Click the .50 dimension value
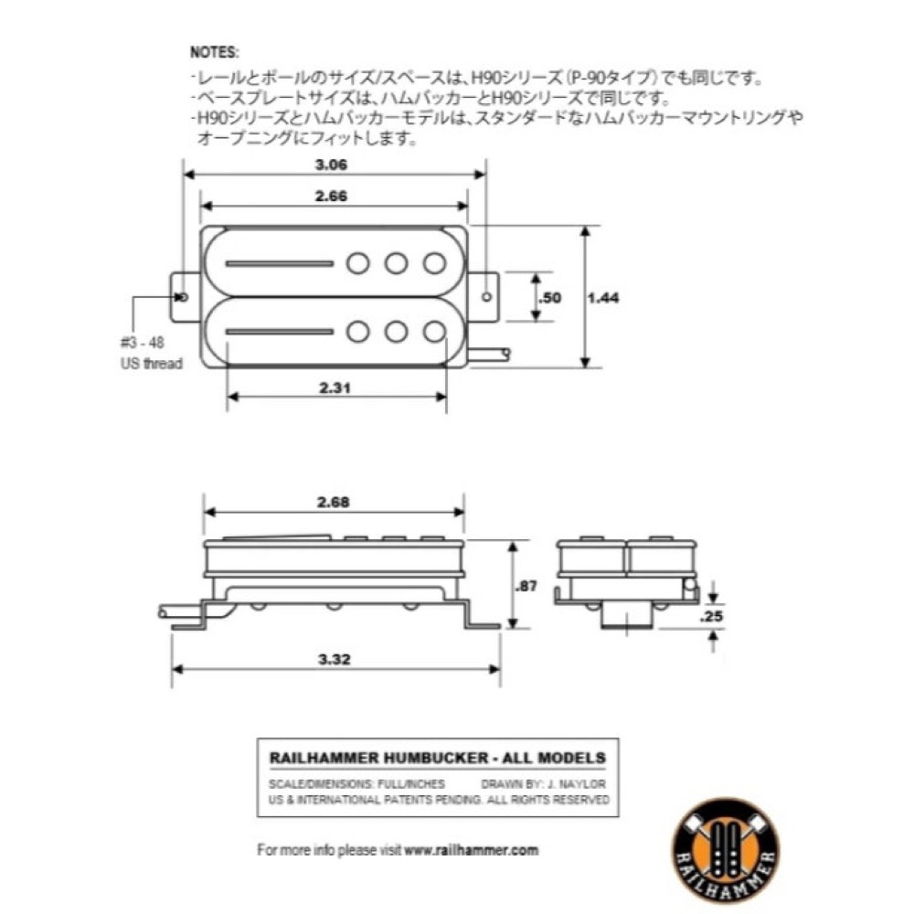pos(549,297)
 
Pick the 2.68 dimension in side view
pos(335,502)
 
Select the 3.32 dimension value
pos(335,659)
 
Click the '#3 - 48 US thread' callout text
pos(151,352)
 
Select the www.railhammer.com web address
pos(472,849)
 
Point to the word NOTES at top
pos(215,56)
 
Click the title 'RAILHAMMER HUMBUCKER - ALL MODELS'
pos(438,758)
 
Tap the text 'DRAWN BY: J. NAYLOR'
pos(543,784)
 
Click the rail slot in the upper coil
pos(277,263)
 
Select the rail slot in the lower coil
pos(277,330)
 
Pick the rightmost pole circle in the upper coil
pos(434,263)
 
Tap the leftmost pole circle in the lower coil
pos(358,330)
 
